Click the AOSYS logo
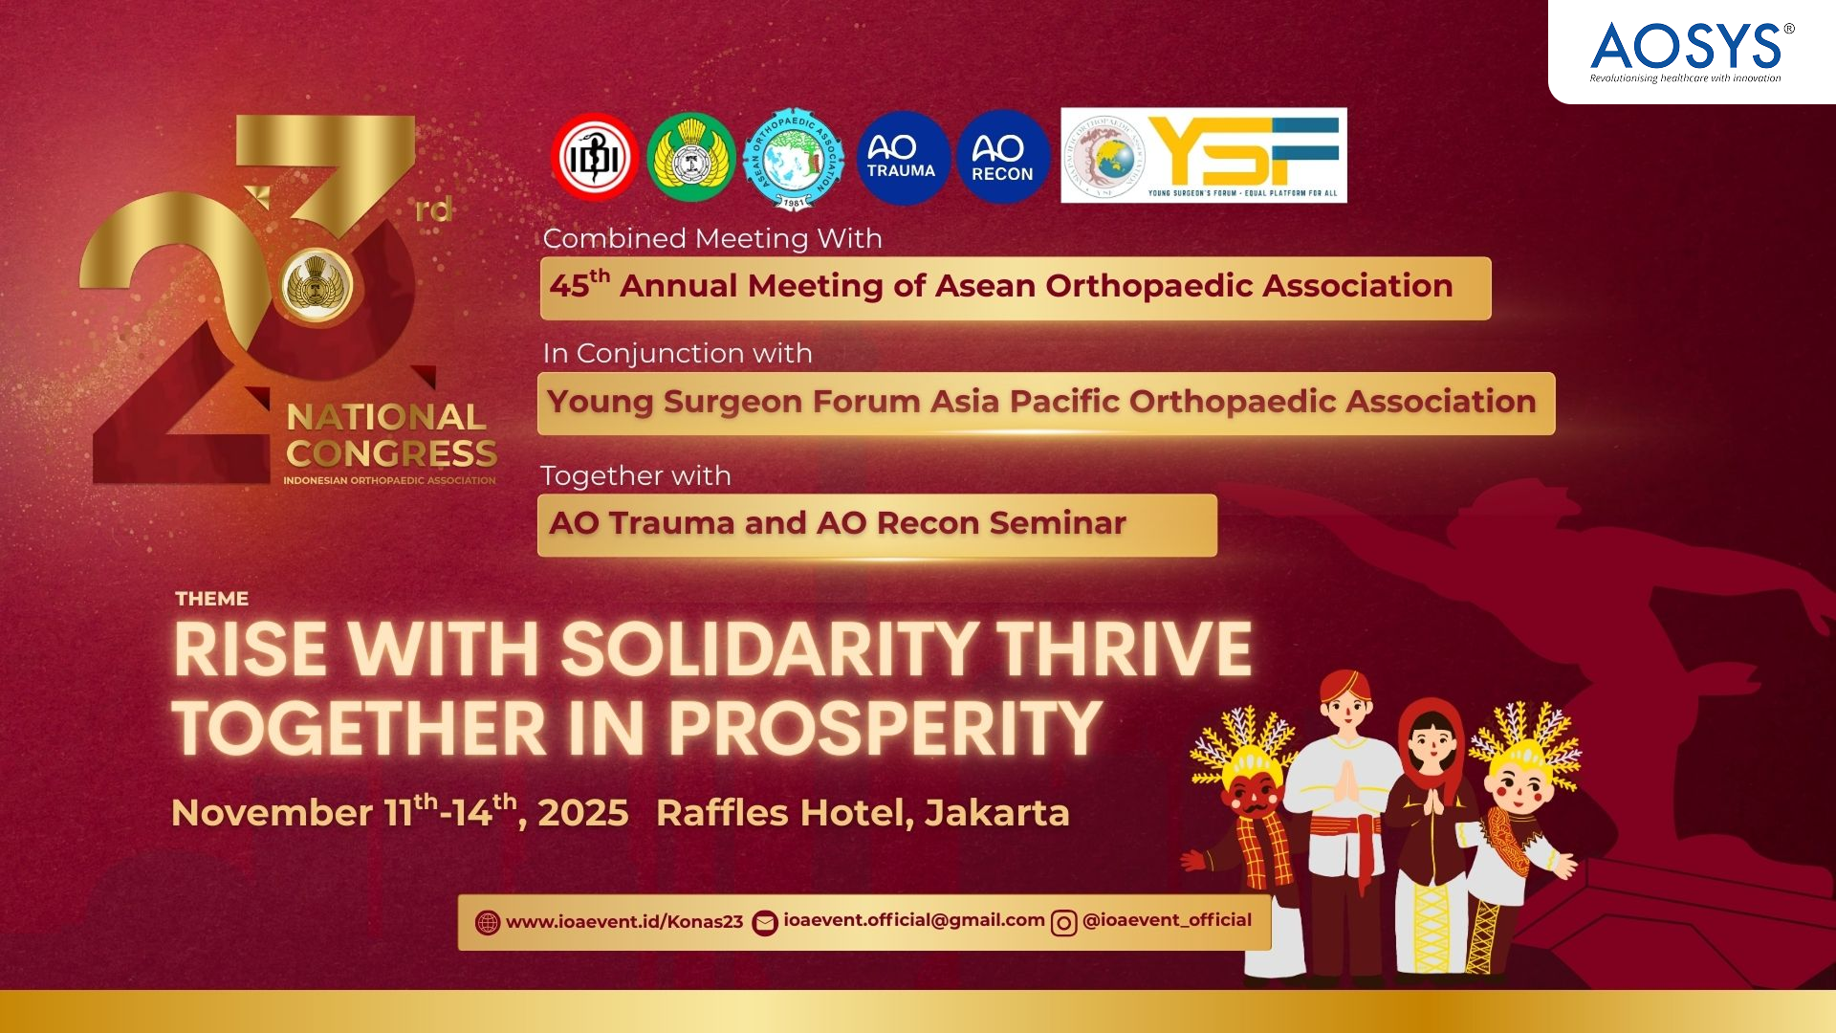pos(1686,50)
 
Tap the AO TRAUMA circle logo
pos(901,157)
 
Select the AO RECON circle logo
pos(1002,157)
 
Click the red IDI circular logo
pos(595,157)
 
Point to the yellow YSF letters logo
pos(1243,151)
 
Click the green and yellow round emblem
pos(690,158)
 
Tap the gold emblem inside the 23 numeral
pos(317,284)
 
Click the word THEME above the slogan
pos(211,599)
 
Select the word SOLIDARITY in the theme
pos(769,650)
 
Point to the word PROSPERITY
pos(885,729)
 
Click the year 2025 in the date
pos(583,813)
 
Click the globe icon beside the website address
pos(488,923)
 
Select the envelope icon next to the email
pos(765,923)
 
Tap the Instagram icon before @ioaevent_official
pos(1063,923)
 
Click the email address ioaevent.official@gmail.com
pos(914,920)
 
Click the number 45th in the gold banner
pos(579,285)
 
